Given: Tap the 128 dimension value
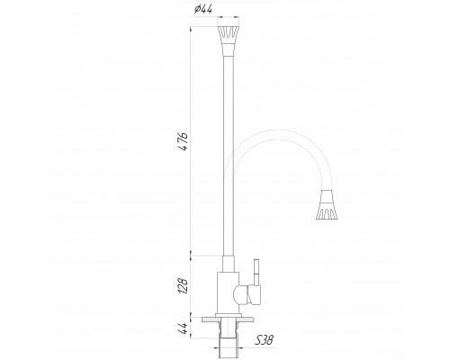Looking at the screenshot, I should [182, 287].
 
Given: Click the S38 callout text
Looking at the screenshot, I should [265, 340].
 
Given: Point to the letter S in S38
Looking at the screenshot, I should [259, 340].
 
